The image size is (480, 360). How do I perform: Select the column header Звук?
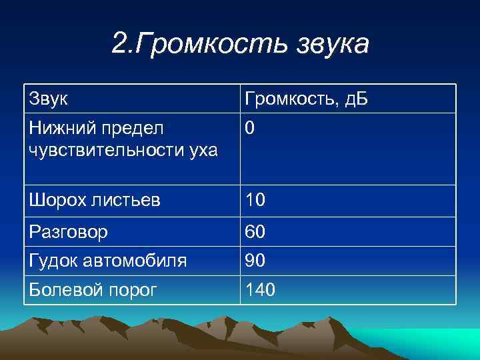48,99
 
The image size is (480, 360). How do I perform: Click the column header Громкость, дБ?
307,100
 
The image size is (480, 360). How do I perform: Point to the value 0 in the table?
249,128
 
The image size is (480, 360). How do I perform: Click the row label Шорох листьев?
94,201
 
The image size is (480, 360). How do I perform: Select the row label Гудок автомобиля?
107,261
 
